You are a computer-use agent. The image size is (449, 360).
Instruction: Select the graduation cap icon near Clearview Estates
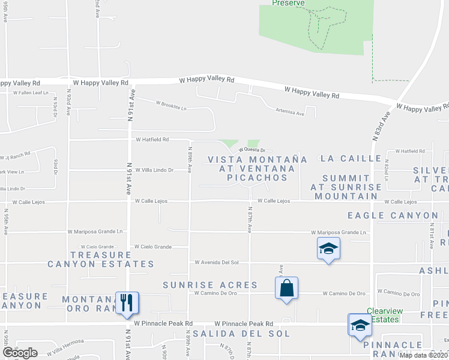[360, 325]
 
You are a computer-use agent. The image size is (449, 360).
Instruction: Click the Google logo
[19, 352]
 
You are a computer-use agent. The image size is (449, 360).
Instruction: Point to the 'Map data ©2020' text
[424, 355]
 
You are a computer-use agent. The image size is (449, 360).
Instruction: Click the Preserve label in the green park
[288, 3]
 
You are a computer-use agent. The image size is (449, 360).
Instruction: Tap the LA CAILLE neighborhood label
[351, 158]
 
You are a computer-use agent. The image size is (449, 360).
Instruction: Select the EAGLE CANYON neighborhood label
[393, 215]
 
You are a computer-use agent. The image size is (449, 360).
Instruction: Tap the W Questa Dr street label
[252, 150]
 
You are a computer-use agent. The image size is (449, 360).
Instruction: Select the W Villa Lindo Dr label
[154, 170]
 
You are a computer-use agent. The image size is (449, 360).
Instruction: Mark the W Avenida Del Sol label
[217, 262]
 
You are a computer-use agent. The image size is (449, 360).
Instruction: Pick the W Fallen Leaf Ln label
[30, 93]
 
